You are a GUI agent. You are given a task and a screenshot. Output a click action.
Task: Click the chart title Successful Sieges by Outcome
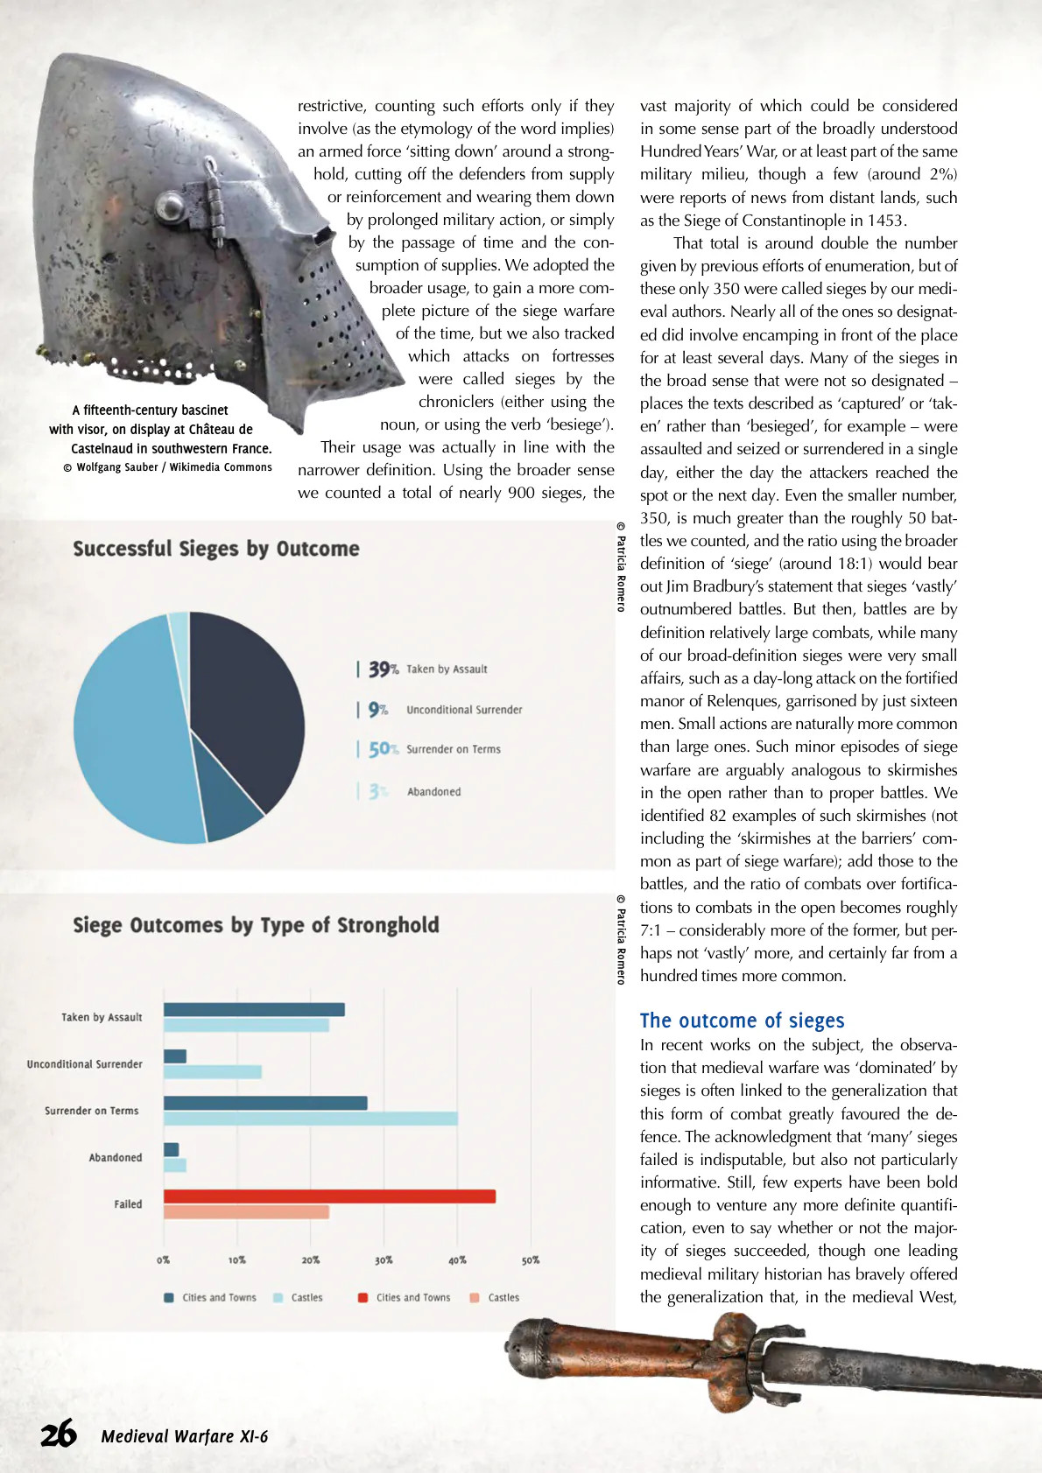tap(216, 549)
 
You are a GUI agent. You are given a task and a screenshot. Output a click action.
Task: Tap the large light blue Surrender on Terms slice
tap(131, 735)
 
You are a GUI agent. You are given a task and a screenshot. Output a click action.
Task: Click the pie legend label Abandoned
tap(433, 792)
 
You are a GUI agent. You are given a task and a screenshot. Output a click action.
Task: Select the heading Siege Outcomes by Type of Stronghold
tap(256, 925)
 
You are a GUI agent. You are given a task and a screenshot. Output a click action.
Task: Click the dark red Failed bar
tap(329, 1196)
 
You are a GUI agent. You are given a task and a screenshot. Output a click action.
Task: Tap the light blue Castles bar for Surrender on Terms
tap(310, 1119)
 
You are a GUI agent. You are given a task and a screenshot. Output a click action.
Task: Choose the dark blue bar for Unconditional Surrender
tap(175, 1056)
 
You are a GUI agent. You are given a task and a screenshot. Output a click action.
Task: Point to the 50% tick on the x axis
tap(531, 1260)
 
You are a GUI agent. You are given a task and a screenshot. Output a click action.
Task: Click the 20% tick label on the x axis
tap(311, 1260)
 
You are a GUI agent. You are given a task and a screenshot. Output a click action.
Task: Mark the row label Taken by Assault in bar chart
tap(102, 1017)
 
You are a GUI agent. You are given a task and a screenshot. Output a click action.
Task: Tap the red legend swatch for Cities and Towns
tap(363, 1298)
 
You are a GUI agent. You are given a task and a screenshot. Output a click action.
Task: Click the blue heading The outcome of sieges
tap(742, 1021)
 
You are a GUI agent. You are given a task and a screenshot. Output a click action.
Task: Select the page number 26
tap(59, 1435)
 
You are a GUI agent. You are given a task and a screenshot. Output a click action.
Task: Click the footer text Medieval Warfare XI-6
tap(184, 1436)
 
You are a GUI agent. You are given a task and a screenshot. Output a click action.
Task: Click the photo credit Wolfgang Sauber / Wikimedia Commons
tap(167, 467)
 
